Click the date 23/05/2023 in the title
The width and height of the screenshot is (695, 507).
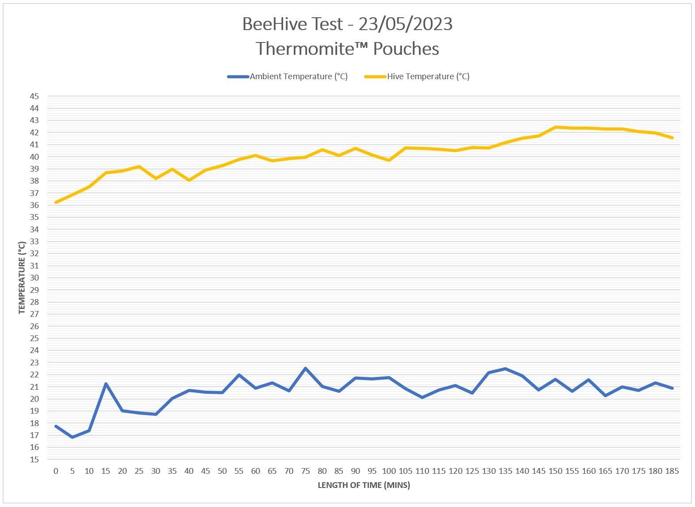pos(405,24)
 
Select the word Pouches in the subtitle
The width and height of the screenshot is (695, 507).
pos(406,49)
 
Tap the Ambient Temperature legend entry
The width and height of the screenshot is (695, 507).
pos(298,77)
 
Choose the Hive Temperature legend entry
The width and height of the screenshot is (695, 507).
pos(428,77)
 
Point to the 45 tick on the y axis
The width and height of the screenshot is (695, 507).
pos(34,96)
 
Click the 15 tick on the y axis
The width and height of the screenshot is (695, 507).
pos(34,460)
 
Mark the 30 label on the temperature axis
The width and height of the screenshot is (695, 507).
pos(34,278)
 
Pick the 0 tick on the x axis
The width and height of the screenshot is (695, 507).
pos(56,471)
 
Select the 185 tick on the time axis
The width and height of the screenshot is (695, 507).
pos(672,471)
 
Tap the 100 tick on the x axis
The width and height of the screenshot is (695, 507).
pos(389,471)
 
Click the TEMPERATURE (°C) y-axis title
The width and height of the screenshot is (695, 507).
pos(22,278)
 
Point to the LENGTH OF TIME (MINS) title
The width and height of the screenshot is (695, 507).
pos(364,485)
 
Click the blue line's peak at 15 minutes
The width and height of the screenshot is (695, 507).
pos(106,384)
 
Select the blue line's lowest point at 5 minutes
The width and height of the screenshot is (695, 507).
pos(73,437)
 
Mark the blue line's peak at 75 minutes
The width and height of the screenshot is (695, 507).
pos(306,368)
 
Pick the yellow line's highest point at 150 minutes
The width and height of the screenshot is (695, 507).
pos(555,127)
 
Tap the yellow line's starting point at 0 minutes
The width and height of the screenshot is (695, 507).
pos(56,202)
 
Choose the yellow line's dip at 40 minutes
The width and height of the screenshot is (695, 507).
pos(189,180)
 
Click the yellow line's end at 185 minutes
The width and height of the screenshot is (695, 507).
pos(672,138)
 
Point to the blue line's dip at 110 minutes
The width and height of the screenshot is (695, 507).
pos(422,397)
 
